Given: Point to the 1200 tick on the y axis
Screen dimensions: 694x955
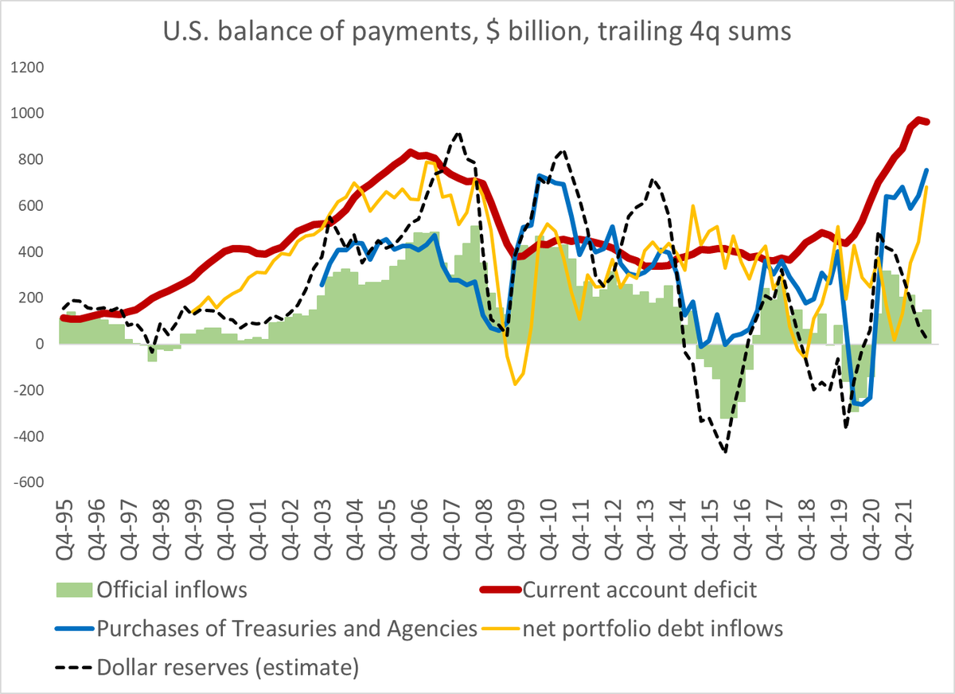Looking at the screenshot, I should (28, 68).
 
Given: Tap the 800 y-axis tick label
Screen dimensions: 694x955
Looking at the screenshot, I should (31, 160).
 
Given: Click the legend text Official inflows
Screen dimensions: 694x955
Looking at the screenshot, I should (172, 591).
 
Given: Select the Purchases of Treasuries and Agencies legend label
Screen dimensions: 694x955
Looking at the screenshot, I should (286, 629).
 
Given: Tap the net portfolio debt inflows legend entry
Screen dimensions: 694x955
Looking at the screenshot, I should (653, 629).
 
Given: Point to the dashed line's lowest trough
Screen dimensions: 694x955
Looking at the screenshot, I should (725, 452).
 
